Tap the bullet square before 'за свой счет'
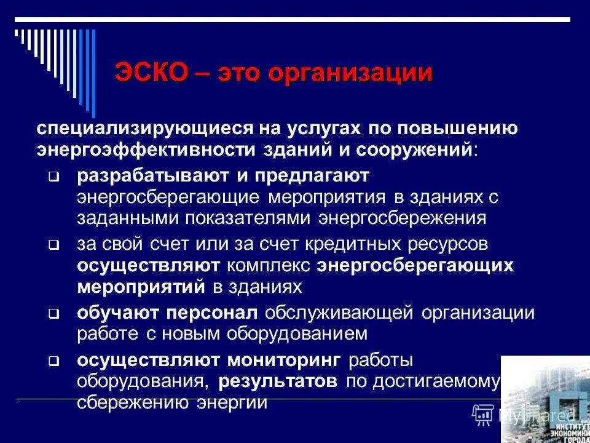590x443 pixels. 53,245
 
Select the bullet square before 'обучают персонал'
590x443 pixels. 53,314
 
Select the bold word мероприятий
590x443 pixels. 141,287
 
